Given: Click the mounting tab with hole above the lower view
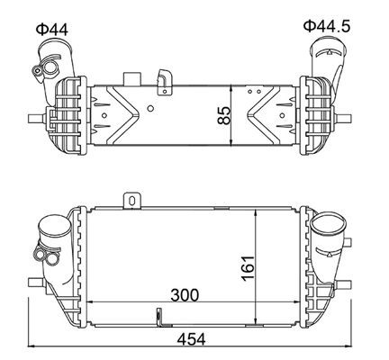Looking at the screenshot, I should pos(131,200).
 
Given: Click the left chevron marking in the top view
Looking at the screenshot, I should pos(117,116).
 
